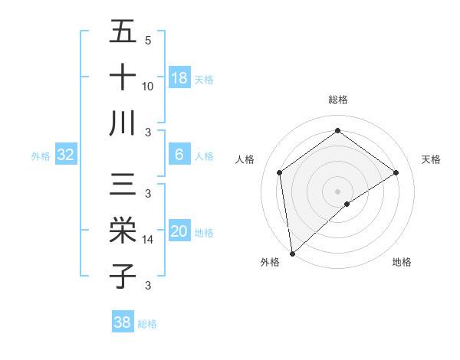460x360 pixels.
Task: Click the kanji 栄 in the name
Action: coord(123,231)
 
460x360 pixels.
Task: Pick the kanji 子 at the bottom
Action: coord(123,276)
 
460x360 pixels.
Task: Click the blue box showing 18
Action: coord(179,77)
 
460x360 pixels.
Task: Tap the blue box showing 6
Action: coord(179,155)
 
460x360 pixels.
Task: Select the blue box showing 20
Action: coord(179,232)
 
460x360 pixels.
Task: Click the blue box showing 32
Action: coord(66,155)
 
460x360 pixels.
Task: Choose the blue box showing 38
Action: coord(123,322)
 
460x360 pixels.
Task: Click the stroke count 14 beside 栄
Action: coord(148,240)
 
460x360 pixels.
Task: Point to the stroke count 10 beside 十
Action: coord(148,86)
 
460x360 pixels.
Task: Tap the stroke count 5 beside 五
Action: coord(148,40)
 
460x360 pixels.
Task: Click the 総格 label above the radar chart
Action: coord(338,100)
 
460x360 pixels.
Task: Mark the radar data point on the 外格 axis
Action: coord(292,253)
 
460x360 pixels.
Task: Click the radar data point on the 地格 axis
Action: coord(347,204)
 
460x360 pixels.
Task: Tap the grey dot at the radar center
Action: coord(338,191)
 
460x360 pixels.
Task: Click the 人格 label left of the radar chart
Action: coord(245,159)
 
